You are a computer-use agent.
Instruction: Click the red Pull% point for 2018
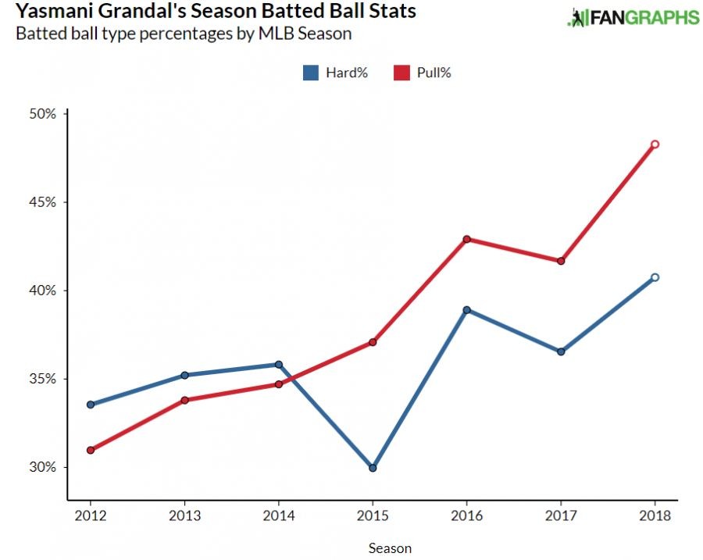pyautogui.click(x=655, y=144)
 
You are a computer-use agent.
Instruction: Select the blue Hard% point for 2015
pyautogui.click(x=373, y=468)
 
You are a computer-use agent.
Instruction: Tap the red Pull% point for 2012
pyautogui.click(x=91, y=450)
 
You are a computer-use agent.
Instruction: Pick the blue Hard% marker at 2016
pyautogui.click(x=466, y=309)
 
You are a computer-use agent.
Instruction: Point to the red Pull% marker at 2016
pyautogui.click(x=466, y=239)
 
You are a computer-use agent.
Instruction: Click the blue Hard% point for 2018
pyautogui.click(x=655, y=277)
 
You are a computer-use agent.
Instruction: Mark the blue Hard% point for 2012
pyautogui.click(x=91, y=405)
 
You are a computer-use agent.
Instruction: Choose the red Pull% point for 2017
pyautogui.click(x=561, y=261)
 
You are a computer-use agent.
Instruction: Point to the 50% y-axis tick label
pyautogui.click(x=44, y=114)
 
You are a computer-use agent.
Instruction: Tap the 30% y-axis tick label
pyautogui.click(x=44, y=468)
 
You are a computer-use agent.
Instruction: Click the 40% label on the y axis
pyautogui.click(x=44, y=291)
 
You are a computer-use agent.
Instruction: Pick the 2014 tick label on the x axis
pyautogui.click(x=278, y=516)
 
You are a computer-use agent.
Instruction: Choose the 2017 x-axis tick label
pyautogui.click(x=561, y=516)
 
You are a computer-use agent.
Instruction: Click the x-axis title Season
pyautogui.click(x=390, y=548)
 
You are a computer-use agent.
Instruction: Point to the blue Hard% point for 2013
pyautogui.click(x=184, y=375)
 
